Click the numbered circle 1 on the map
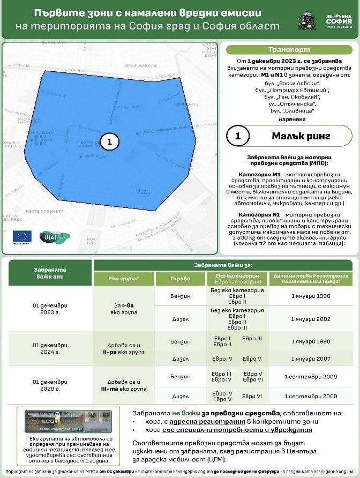pos(109,141)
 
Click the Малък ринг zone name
pos(298,136)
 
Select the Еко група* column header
pos(124,279)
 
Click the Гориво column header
pos(180,279)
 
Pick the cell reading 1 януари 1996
pos(307,295)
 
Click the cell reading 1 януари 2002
pos(307,318)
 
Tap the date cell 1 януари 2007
pos(307,358)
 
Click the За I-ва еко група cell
pos(124,307)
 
